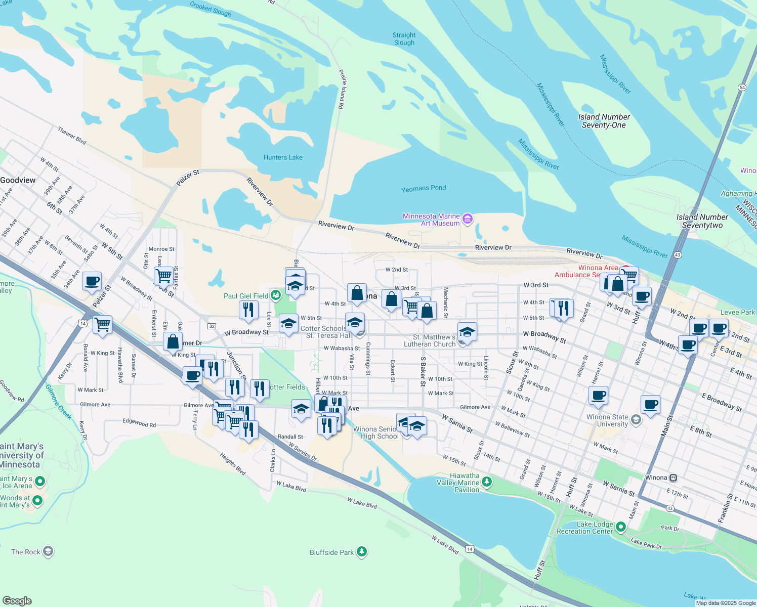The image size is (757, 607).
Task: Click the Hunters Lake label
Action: (283, 157)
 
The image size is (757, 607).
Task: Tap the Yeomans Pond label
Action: (424, 188)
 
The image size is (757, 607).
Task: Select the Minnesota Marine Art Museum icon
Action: (468, 219)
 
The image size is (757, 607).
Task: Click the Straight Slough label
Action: (404, 39)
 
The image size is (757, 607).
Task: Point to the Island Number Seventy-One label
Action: (604, 121)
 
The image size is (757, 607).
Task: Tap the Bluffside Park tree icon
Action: (361, 551)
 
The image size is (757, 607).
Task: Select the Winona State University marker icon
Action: (636, 419)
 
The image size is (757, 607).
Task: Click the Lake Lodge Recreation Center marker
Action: (621, 527)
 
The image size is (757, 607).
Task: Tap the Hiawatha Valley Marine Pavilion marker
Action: (487, 482)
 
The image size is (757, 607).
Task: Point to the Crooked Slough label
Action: (211, 9)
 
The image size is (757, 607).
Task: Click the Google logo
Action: (17, 600)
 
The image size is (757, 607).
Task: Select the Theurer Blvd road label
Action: (72, 136)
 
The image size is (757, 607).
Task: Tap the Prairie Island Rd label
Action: (342, 90)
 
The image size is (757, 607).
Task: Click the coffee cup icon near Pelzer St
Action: (92, 281)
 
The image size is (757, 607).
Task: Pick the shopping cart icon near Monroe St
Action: (163, 276)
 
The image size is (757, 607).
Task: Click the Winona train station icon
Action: (673, 478)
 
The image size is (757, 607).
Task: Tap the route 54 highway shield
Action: (742, 88)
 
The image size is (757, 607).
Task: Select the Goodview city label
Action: (18, 180)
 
